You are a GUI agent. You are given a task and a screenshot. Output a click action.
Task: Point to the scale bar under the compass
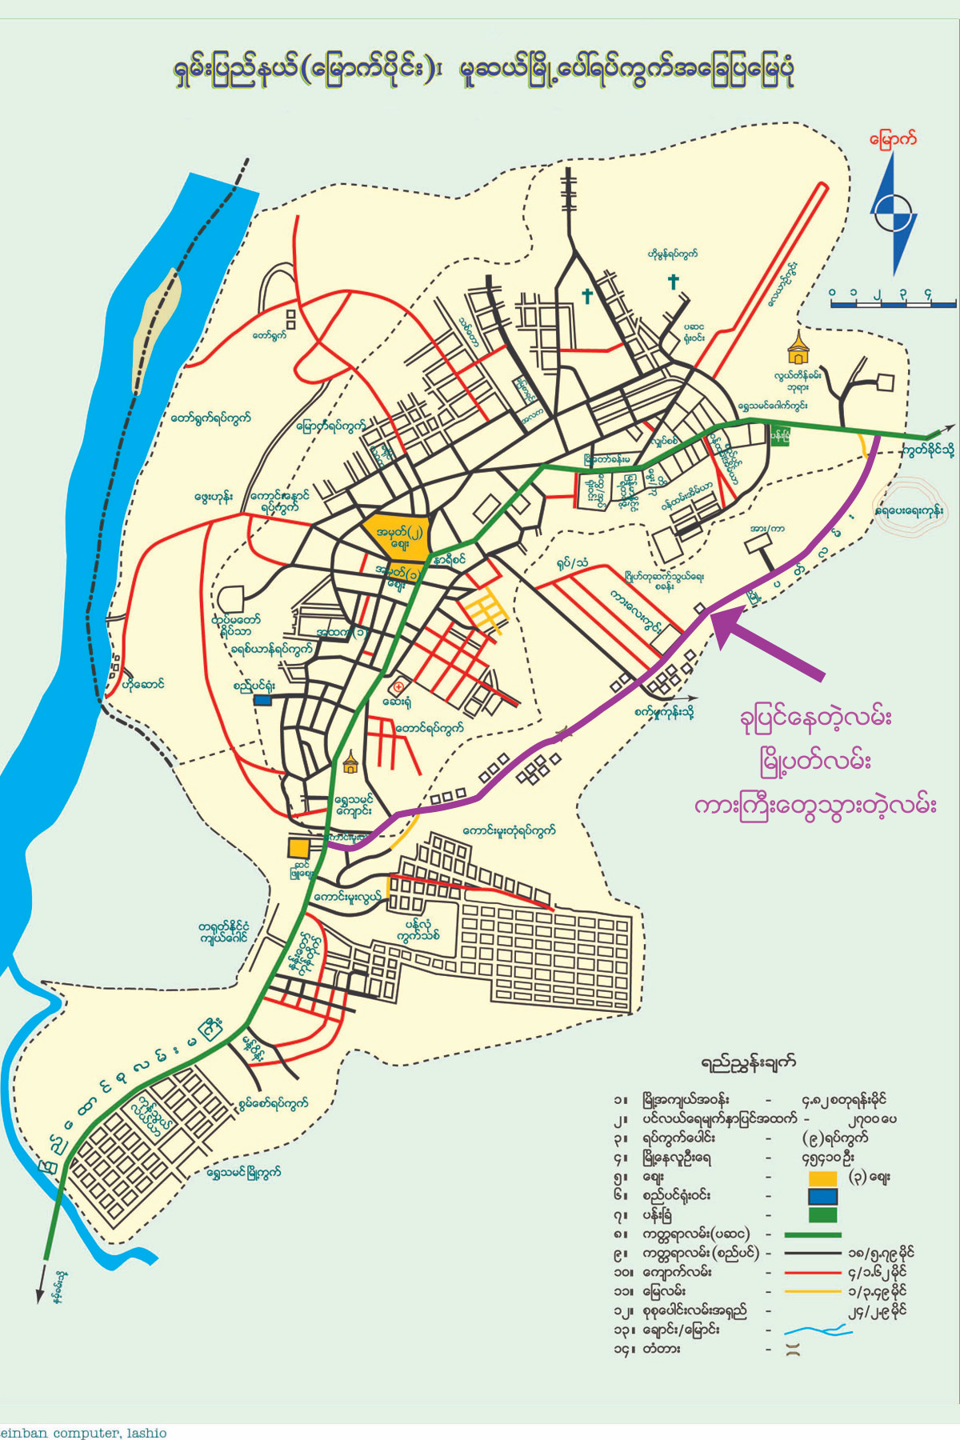(893, 302)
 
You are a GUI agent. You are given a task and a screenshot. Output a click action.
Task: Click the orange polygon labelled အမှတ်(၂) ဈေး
(396, 534)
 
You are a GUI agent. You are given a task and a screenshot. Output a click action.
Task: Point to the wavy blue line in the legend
(818, 1331)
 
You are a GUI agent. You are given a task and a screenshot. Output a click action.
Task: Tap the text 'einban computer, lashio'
(84, 1432)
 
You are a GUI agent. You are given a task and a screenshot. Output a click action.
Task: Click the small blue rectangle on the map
(262, 700)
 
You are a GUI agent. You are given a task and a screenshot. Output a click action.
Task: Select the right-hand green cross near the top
(673, 282)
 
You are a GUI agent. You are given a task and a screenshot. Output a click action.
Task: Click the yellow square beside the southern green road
(298, 847)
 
